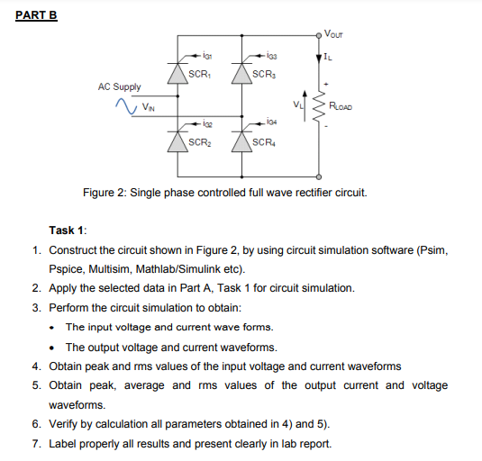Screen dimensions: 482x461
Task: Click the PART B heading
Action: click(x=37, y=15)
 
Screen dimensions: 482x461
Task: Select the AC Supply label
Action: click(x=119, y=87)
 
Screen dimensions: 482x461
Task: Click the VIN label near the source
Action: click(x=146, y=109)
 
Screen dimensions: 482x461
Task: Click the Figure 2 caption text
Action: click(x=224, y=193)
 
